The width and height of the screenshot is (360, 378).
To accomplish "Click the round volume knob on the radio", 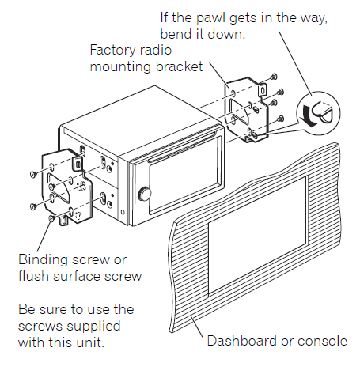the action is (x=144, y=195).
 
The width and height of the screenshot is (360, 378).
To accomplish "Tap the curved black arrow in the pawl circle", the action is (x=308, y=117).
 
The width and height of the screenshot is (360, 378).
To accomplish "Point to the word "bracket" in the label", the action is (x=179, y=66).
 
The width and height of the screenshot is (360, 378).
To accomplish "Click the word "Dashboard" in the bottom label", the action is (x=242, y=341).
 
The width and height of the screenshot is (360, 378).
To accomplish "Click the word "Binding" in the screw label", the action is (x=43, y=260).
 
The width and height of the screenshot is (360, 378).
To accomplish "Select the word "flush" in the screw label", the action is (x=33, y=276).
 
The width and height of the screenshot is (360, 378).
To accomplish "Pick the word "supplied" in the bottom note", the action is (x=97, y=327).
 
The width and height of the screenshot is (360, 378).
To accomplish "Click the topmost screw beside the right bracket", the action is (x=274, y=77).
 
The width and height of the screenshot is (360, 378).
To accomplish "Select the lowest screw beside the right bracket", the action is (x=281, y=119).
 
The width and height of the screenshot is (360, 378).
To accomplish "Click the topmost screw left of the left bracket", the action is (x=33, y=174).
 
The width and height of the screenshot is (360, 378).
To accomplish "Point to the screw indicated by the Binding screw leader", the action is (x=51, y=218).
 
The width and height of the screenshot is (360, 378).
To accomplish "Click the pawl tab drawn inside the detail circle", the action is (x=323, y=112).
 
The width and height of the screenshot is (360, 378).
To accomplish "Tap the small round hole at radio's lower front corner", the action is (x=123, y=212).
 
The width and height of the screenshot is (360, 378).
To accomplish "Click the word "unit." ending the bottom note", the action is (x=91, y=342).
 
